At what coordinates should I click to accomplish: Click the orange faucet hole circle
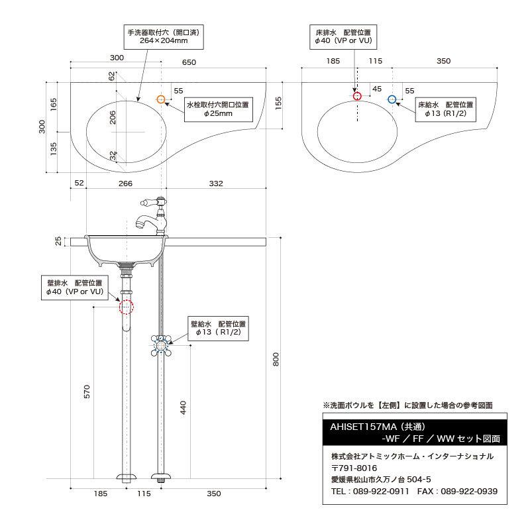coord(160,99)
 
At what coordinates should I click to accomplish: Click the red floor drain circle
coord(357,96)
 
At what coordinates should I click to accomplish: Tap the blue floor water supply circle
coord(392,99)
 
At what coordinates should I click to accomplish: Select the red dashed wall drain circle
coord(126,307)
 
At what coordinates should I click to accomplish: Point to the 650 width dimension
coord(189,62)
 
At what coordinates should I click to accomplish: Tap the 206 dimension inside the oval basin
coord(113,117)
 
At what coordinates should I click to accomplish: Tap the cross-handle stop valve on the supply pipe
coord(161,344)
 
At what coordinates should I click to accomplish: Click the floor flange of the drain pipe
coord(126,478)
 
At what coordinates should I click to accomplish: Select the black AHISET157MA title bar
coord(414,433)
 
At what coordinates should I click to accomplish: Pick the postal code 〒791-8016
coord(354,468)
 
